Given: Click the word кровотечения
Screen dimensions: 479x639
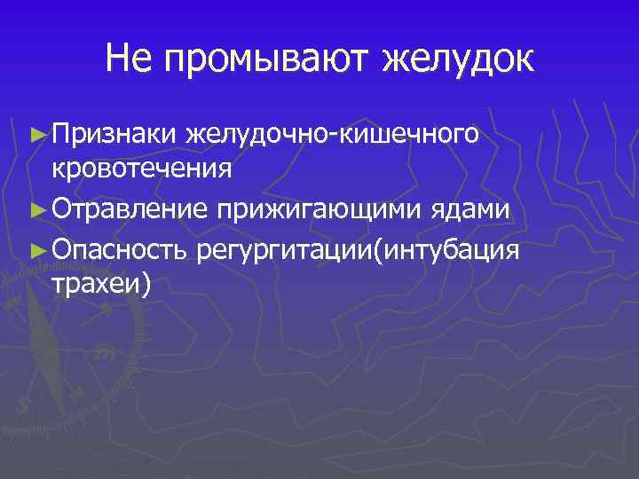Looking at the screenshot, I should [x=143, y=168].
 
